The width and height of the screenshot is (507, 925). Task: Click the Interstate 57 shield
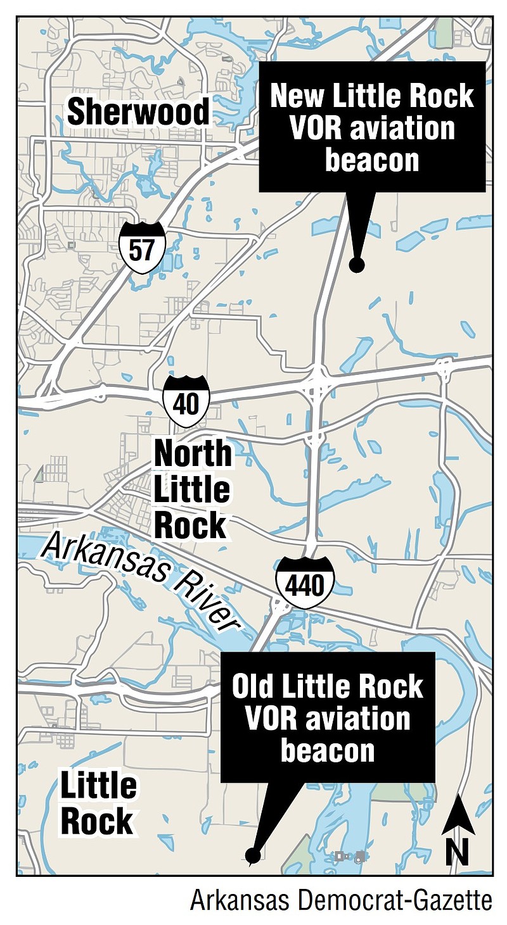point(142,248)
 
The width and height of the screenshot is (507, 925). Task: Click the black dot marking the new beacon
point(357,265)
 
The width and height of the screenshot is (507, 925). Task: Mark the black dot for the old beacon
point(253,857)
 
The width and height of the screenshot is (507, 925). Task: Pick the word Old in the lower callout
point(254,686)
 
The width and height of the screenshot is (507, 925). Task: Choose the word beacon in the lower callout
point(328,751)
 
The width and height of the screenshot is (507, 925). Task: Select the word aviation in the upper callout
point(398,129)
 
